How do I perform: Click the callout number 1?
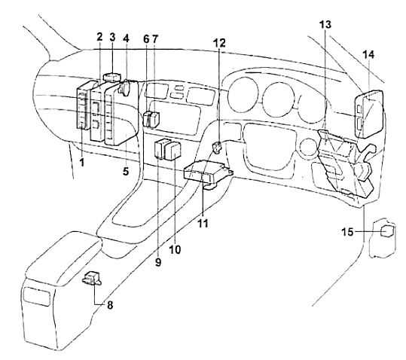coord(82,163)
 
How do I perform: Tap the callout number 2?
coord(99,37)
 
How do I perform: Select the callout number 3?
coord(112,37)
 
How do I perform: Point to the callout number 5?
coord(126,171)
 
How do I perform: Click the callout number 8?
coord(110,305)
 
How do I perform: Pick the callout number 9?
coord(158,262)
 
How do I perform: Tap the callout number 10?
coord(175,249)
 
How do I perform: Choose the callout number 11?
coord(203,224)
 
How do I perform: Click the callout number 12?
coord(220,43)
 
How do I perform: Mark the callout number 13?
coord(325,24)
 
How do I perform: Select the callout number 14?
coord(368,55)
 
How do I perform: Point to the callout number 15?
coord(348,232)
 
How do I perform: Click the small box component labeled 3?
coord(111,77)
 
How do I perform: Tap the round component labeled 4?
coord(125,87)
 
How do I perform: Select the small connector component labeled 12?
coord(217,148)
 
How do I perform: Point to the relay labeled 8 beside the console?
coord(92,278)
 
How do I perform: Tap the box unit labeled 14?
coord(370,114)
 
